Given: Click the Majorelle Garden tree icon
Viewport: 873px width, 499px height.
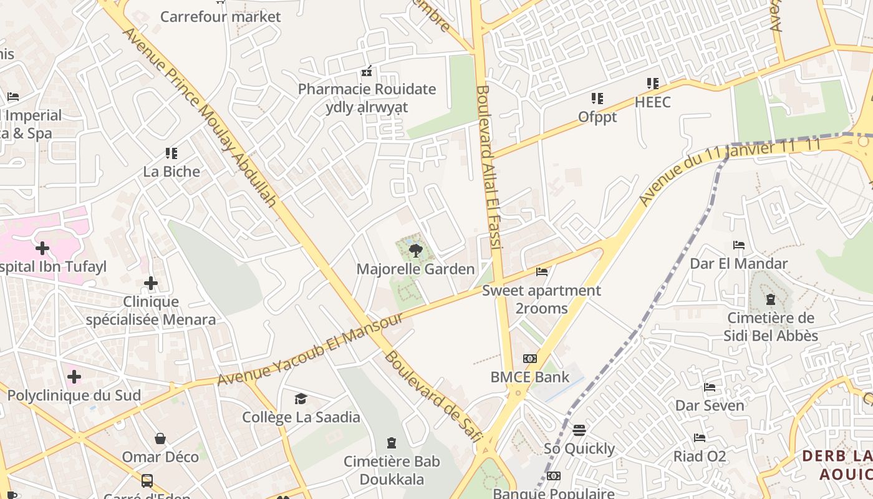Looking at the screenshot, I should coord(415,251).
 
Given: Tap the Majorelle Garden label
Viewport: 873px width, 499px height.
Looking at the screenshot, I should coord(415,269).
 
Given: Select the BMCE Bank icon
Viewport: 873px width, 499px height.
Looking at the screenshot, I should coord(530,359).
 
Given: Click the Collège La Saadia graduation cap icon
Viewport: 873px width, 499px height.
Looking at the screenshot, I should coord(301,399).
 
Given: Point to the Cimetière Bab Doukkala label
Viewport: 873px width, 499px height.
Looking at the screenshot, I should coord(392,470).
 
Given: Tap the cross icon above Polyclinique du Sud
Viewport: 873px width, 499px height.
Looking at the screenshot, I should coord(74,377).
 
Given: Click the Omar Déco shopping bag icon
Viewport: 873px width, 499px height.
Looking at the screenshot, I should coord(160,438).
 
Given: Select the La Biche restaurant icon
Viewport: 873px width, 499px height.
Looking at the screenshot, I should coord(171,153).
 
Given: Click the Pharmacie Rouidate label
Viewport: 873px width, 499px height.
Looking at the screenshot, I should coord(367,89).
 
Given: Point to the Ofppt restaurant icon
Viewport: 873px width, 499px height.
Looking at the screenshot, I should coord(597,99).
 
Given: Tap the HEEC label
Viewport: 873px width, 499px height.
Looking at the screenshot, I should coord(652,102).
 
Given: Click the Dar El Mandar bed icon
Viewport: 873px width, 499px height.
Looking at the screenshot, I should coord(739,245).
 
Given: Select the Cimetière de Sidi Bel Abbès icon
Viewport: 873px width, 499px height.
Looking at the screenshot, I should coord(771,299).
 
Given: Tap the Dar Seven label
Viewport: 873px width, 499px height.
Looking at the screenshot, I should coord(710,405).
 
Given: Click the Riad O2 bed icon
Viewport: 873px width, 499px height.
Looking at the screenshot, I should coord(700,438).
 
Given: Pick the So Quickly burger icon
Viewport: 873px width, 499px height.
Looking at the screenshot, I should coord(579,430).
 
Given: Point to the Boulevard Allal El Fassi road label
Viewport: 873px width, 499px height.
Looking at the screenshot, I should coord(489,168).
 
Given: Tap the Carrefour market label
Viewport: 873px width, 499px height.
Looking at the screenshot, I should coord(221,17).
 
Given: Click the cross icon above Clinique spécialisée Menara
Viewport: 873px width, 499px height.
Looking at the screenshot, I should coord(151,284).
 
